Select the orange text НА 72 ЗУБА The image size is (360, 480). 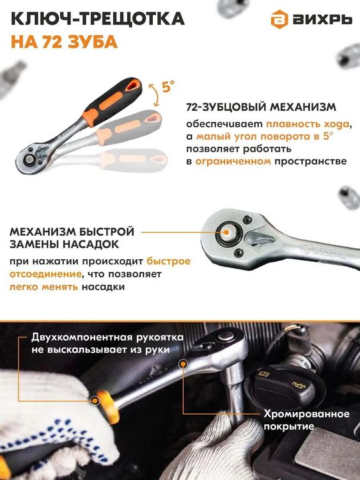point(64,43)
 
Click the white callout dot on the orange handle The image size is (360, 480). point(95,402)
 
